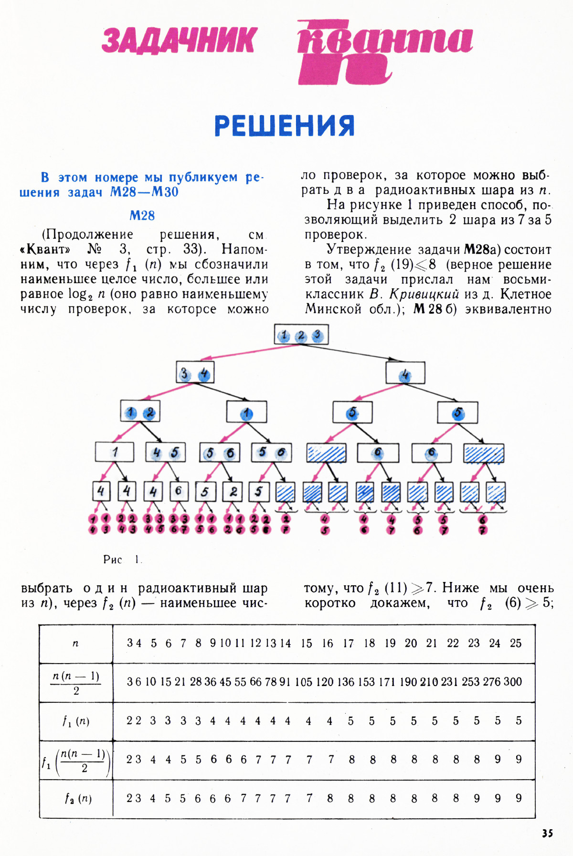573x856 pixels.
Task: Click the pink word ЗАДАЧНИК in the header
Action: [x=179, y=40]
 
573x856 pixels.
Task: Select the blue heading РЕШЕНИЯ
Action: [x=285, y=126]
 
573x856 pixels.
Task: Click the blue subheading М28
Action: [x=142, y=216]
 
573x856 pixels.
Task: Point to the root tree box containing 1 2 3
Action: [x=301, y=335]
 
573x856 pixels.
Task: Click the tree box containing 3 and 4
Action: [x=195, y=373]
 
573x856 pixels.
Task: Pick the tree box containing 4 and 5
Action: [x=166, y=452]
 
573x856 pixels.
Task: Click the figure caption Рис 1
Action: [x=122, y=560]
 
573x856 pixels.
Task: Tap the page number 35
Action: [x=547, y=833]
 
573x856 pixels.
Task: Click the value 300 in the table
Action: [x=512, y=682]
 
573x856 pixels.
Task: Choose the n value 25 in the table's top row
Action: [x=516, y=643]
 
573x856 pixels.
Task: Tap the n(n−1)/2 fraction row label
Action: [x=76, y=683]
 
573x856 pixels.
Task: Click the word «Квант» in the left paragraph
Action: [x=45, y=250]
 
